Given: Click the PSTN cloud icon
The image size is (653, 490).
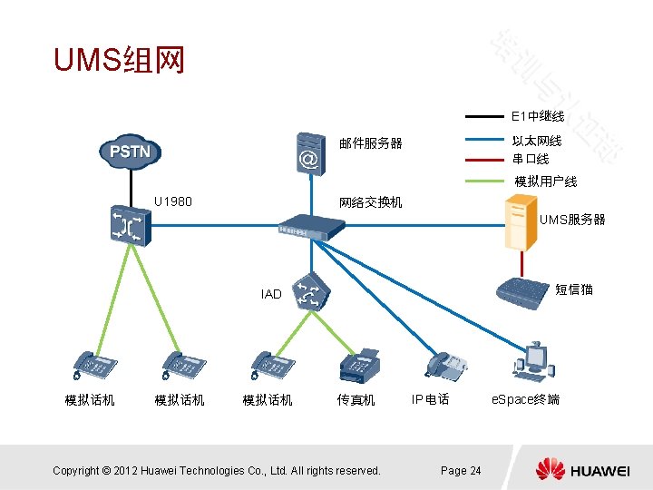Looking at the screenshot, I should click(x=131, y=152).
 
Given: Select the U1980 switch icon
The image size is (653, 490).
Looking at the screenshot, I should click(x=123, y=225).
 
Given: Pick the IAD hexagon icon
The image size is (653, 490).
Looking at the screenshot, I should click(x=309, y=291).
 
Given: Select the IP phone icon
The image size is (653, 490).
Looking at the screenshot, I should click(x=445, y=365).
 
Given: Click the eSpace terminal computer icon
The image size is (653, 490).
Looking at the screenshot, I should click(x=533, y=358).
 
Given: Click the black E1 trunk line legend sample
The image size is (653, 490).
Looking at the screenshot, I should click(x=484, y=117).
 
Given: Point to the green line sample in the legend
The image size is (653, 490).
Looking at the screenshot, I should click(x=484, y=181).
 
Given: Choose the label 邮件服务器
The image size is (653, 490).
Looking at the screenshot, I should click(x=370, y=143).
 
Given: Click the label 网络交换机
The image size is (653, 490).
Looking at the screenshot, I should click(x=370, y=201).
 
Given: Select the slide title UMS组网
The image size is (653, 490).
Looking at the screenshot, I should click(x=119, y=61).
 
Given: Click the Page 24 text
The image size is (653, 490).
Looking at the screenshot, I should click(x=461, y=470).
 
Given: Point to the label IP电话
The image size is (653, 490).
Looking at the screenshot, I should click(x=430, y=399).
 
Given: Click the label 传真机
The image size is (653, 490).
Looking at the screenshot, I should click(x=356, y=399).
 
